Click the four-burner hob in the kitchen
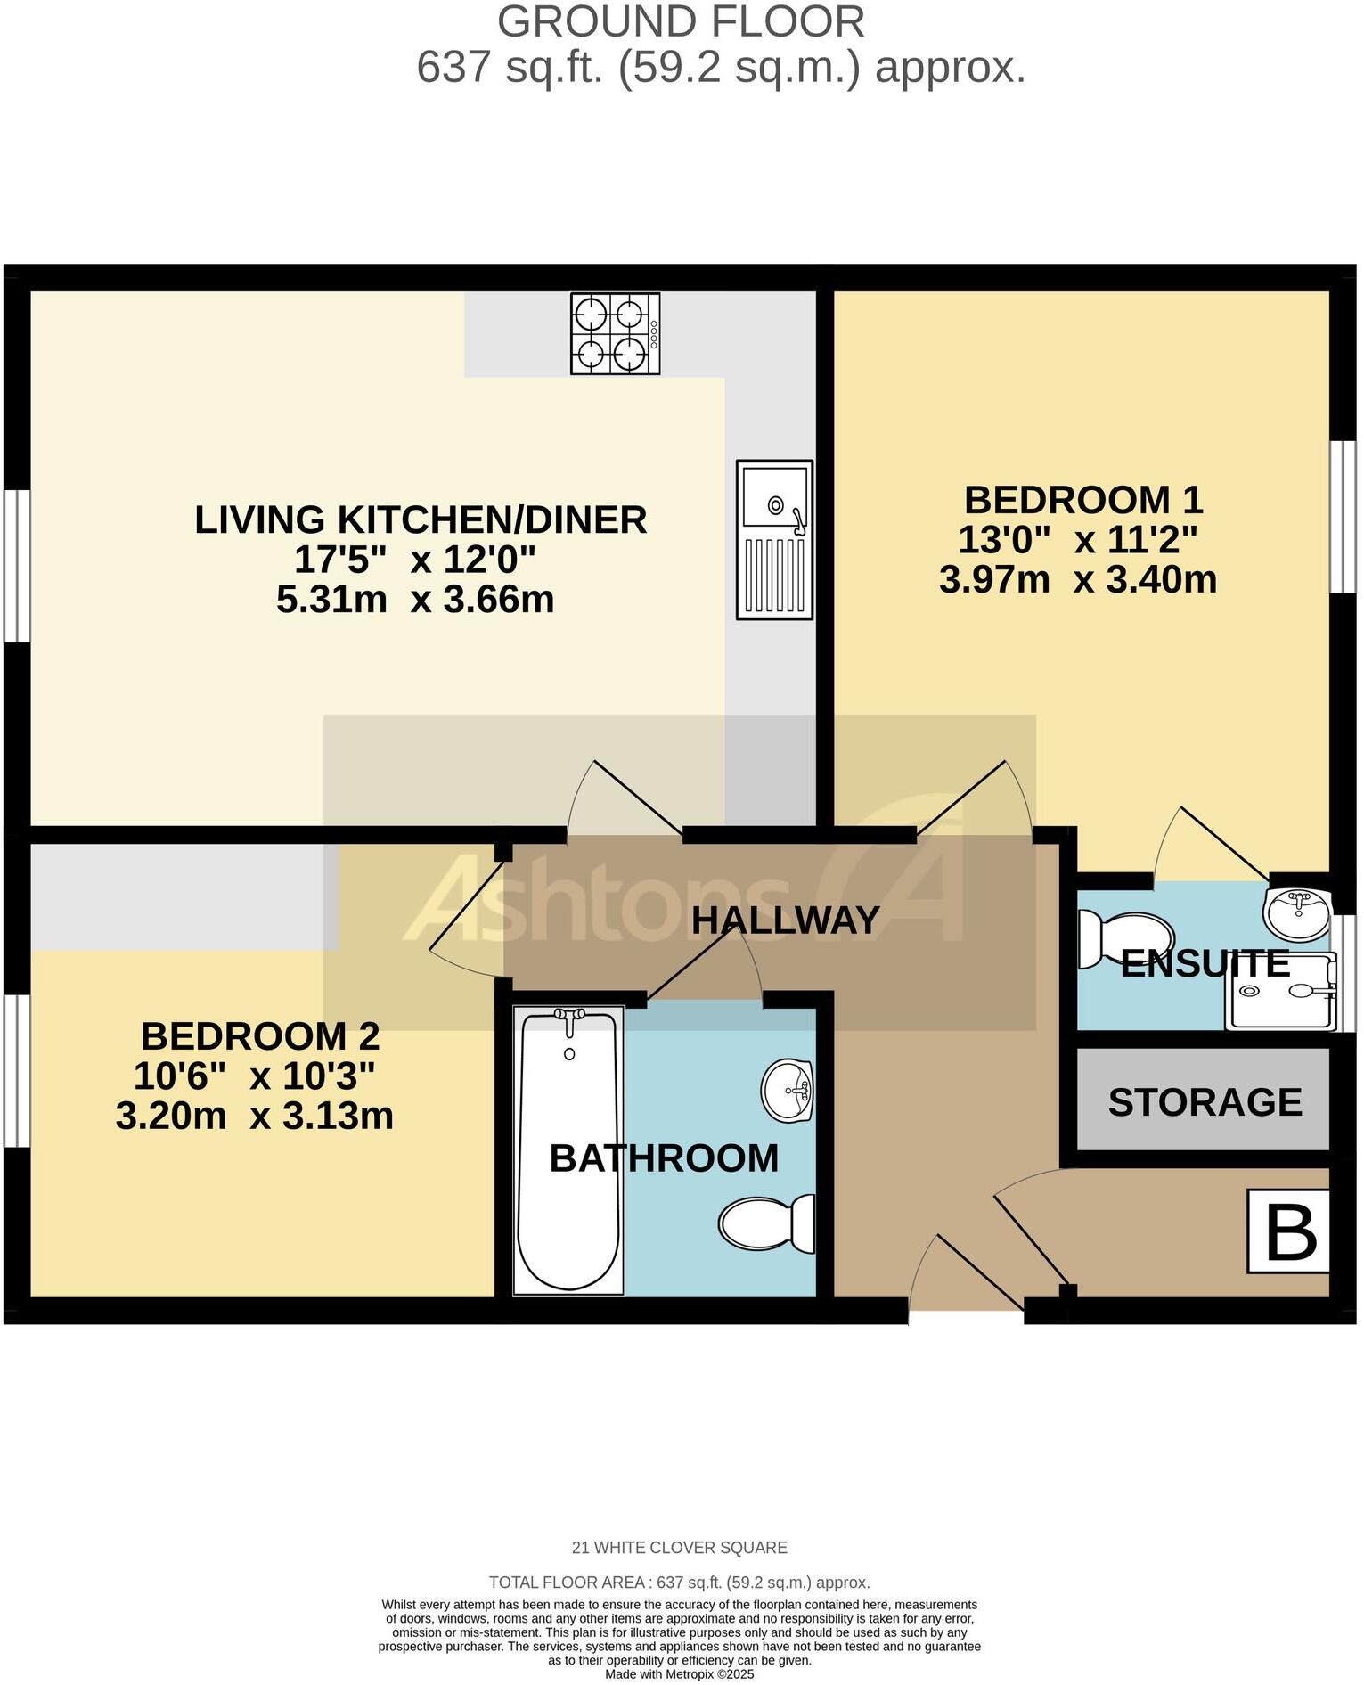615,334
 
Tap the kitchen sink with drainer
774,540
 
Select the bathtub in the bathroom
569,1149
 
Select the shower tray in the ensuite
1281,991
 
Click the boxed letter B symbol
1288,1231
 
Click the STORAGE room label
1205,1102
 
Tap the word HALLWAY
786,920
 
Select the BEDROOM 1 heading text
1082,500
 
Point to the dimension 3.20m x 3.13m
255,1117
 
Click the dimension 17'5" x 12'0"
415,560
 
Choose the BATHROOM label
664,1158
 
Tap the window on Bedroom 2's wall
15,1070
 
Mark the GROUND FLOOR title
681,22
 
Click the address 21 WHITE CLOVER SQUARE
679,1548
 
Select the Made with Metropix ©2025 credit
679,1674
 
